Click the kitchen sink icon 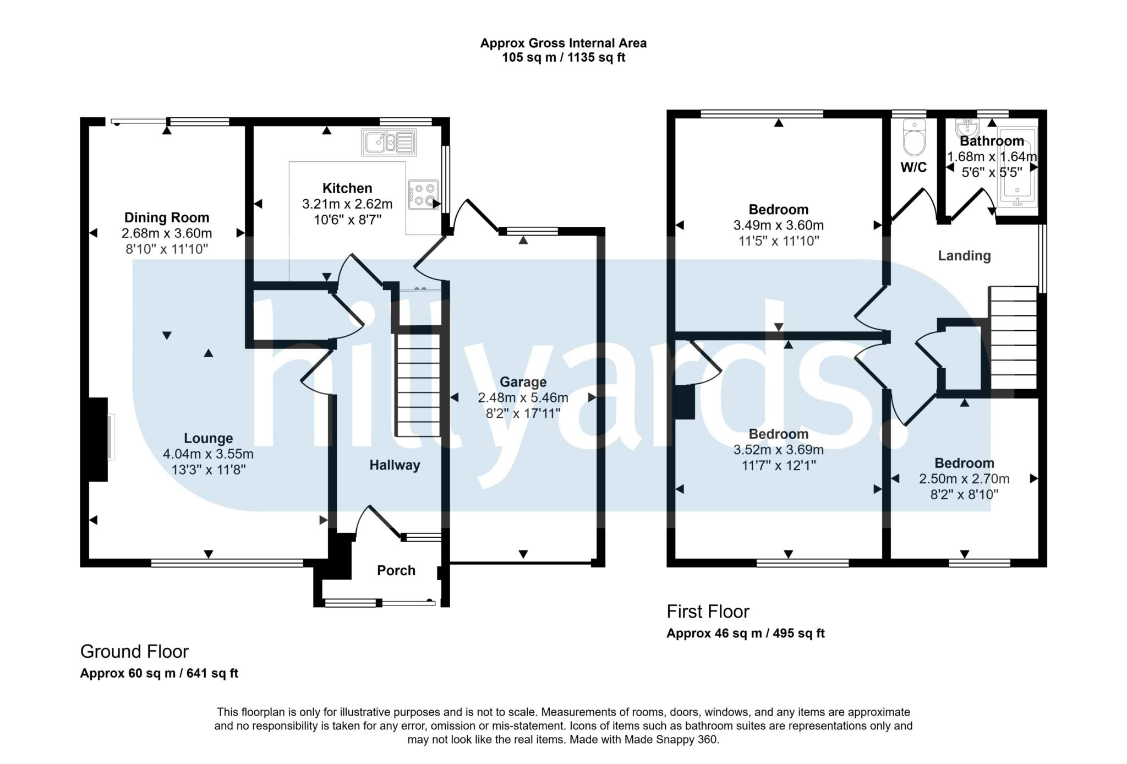389,143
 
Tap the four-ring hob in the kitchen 423,195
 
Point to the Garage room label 523,382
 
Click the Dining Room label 167,217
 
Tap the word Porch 396,571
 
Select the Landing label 964,256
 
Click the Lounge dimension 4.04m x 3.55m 208,455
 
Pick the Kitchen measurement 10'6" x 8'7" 347,220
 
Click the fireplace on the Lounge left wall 100,439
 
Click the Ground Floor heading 134,652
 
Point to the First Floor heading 708,612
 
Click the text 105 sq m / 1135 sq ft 563,58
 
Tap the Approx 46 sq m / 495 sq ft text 745,634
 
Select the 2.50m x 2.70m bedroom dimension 964,479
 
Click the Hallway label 395,466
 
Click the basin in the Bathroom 967,127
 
